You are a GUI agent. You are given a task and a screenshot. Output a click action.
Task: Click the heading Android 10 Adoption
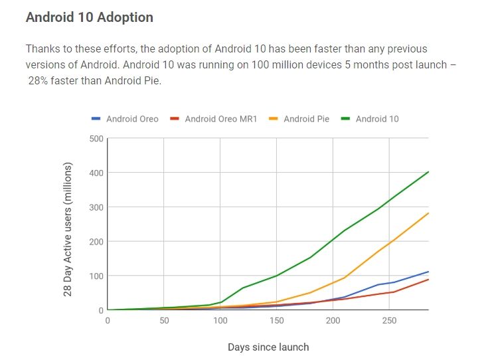point(89,17)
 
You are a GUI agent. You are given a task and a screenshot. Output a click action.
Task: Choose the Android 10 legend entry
point(376,119)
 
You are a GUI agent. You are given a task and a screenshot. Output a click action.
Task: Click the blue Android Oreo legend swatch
point(96,119)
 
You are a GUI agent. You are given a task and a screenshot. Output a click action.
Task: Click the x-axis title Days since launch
point(268,347)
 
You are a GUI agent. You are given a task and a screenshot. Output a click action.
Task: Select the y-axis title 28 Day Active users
point(68,228)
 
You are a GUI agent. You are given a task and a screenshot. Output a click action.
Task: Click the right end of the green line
point(428,171)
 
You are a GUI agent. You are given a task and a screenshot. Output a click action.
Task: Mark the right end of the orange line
point(428,213)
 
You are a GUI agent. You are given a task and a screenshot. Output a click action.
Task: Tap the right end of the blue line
point(428,272)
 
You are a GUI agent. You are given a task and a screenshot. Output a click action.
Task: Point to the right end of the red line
point(428,279)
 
